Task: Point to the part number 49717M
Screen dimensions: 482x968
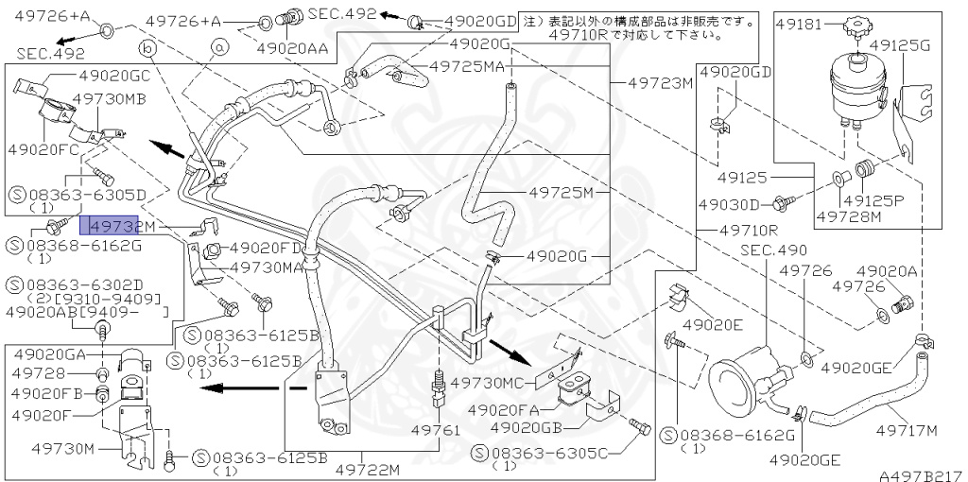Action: click(x=906, y=431)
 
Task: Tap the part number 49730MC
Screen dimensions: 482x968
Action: click(x=490, y=383)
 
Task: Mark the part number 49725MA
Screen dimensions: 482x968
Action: click(x=467, y=66)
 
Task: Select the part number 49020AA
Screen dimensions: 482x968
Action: click(x=292, y=46)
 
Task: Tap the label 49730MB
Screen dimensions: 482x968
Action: click(x=109, y=98)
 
